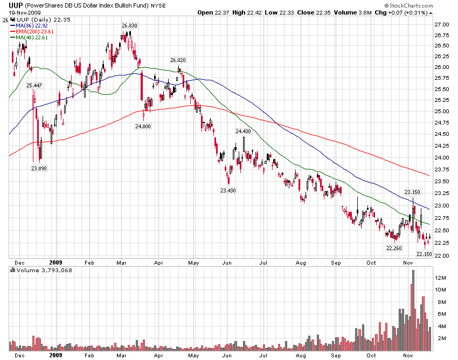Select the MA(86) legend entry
coord(32,25)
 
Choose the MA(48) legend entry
coord(32,37)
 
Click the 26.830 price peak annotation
coord(129,26)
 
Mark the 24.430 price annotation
coord(244,131)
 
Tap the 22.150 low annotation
coord(425,253)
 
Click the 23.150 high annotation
coord(412,192)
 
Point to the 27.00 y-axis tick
coord(442,25)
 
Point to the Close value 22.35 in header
coord(313,12)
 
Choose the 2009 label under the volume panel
coord(56,356)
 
